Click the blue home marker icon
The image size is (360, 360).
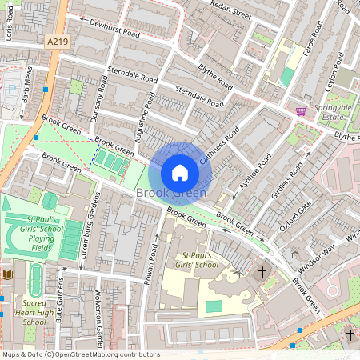(180, 172)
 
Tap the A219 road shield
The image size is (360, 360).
(58, 41)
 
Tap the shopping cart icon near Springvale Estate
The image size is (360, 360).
(301, 110)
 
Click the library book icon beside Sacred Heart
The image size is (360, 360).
(7, 274)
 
